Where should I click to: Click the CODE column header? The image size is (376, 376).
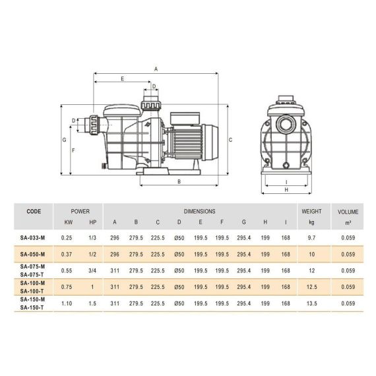point(34,211)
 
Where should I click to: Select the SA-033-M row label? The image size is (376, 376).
point(32,238)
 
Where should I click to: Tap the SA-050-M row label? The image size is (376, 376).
point(32,254)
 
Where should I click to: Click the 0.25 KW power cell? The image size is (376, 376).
point(67,238)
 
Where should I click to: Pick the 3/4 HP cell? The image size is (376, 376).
point(92,270)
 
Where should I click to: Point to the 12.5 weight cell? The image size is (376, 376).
point(312,287)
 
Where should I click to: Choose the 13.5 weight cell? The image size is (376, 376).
point(312,303)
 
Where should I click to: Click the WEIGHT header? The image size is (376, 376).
point(311,211)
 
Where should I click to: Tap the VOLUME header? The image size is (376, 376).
point(348,212)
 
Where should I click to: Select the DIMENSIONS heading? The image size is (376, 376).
point(199,211)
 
